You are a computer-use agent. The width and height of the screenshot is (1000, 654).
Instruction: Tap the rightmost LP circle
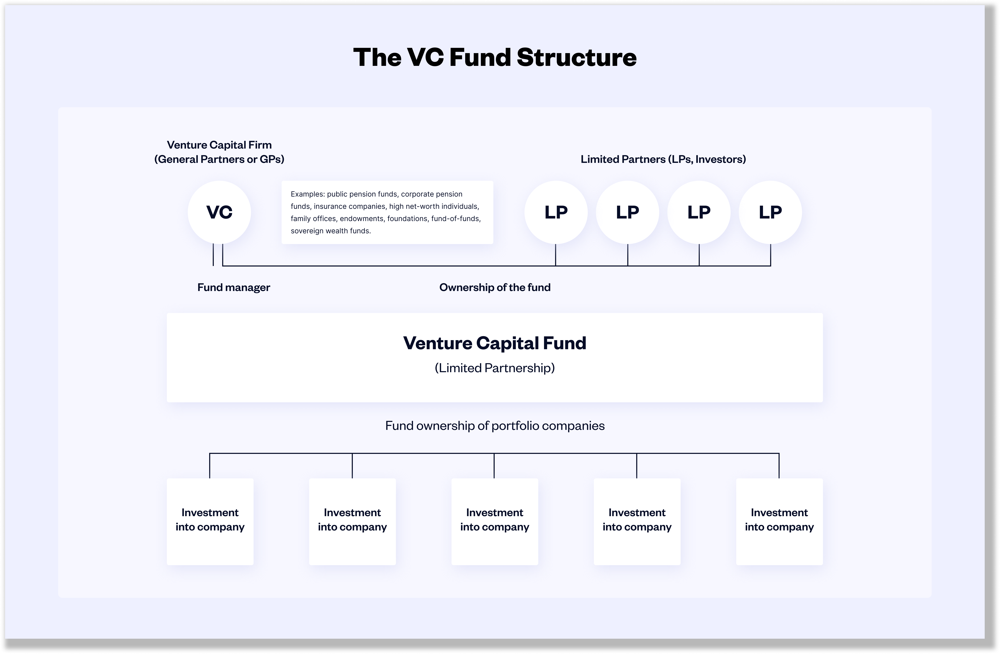[770, 212]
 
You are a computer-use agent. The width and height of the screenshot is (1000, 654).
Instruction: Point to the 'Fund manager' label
[234, 287]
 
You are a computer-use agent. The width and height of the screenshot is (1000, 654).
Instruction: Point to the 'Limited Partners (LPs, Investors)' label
[663, 159]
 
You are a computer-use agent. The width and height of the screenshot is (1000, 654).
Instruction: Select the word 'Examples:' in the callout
[308, 194]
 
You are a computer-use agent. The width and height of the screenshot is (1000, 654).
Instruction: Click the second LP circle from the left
[627, 212]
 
